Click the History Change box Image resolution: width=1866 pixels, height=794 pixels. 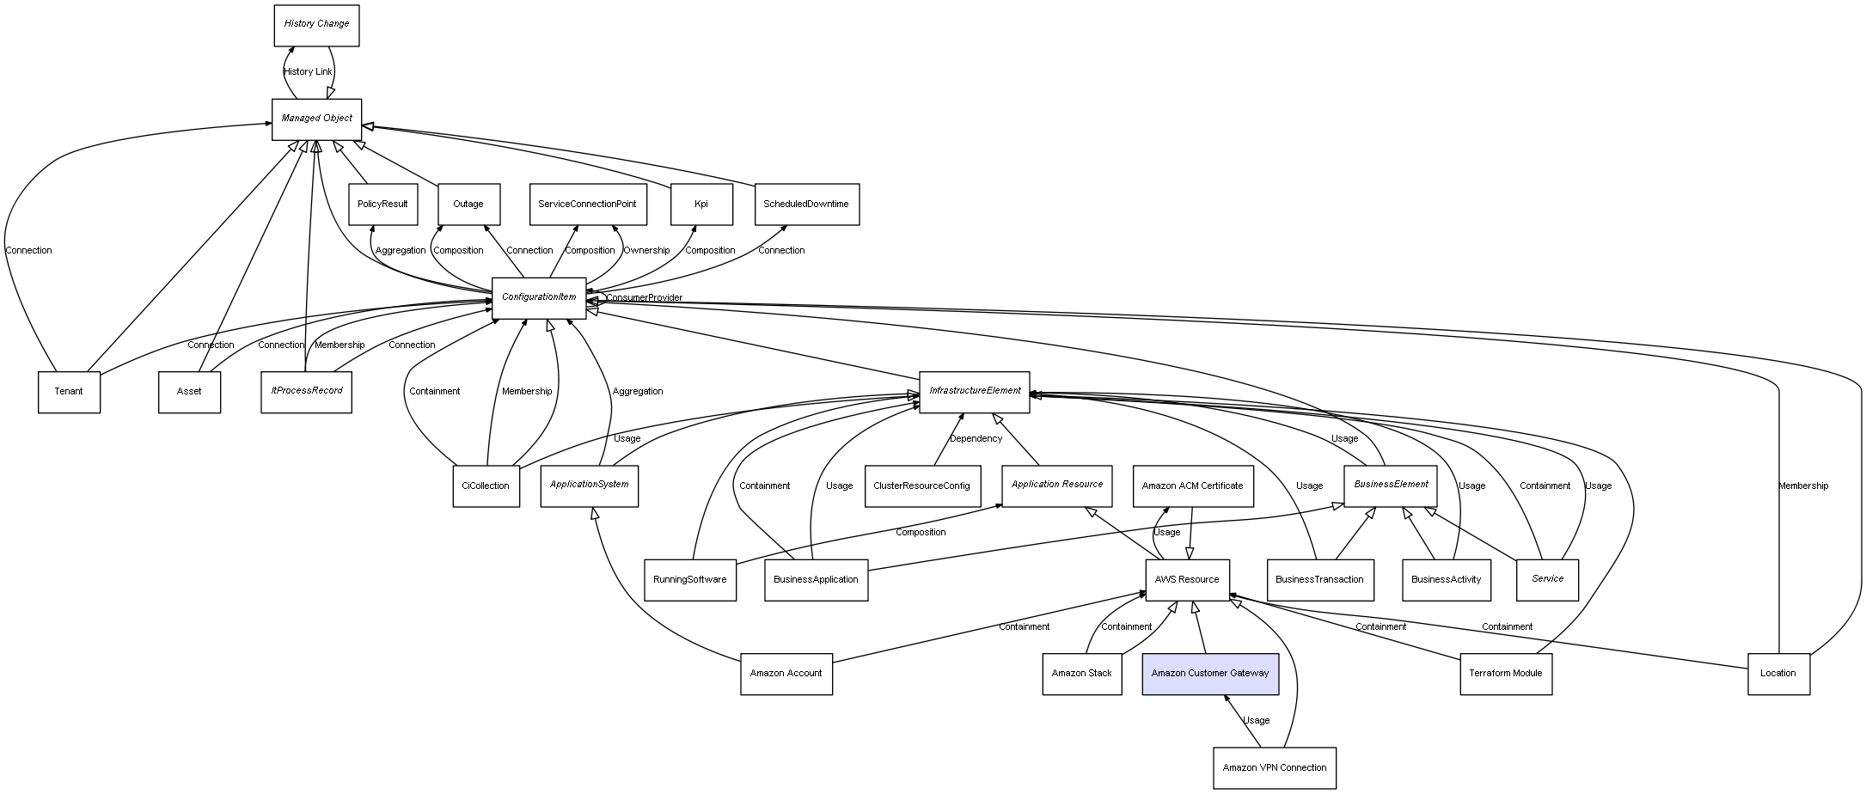point(316,25)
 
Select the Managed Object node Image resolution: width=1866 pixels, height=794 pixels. point(316,119)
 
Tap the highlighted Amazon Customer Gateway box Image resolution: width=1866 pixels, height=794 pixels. point(1209,674)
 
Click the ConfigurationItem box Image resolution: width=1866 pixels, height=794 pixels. point(539,297)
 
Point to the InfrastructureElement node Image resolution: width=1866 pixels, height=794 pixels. point(974,391)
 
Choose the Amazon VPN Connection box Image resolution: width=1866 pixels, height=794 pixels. point(1274,767)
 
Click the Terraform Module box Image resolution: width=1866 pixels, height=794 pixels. point(1505,674)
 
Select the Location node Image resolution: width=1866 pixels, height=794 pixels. point(1777,674)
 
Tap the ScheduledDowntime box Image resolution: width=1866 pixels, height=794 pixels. point(806,205)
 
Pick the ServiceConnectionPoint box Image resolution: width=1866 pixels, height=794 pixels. point(587,205)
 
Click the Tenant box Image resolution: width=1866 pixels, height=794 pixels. point(69,392)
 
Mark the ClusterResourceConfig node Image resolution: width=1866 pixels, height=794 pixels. point(921,486)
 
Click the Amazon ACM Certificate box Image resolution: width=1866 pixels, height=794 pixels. point(1192,486)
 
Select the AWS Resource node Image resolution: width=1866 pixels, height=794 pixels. point(1187,580)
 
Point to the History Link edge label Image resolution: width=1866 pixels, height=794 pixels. point(308,72)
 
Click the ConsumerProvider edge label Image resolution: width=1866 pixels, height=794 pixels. point(644,298)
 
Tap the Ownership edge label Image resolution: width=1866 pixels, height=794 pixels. point(646,251)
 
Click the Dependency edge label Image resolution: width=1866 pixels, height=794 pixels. point(976,439)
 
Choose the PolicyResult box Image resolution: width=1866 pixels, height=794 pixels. point(382,205)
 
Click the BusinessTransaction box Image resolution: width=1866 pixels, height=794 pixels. point(1319,580)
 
